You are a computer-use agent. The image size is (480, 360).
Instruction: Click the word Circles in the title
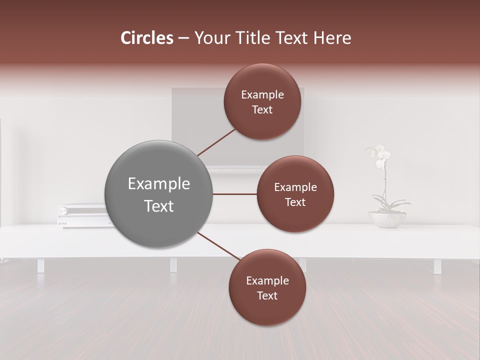tap(146, 38)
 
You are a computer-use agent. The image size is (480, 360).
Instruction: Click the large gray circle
tap(158, 194)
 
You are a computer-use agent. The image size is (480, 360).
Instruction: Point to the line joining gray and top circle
tap(216, 142)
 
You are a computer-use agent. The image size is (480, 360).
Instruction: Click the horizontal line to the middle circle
tap(234, 194)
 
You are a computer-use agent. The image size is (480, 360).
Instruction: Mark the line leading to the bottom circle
tap(218, 246)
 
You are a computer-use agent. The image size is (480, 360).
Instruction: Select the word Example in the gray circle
tap(158, 184)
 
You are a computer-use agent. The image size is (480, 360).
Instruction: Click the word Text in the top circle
tap(262, 110)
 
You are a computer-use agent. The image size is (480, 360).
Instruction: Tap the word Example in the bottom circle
tap(267, 280)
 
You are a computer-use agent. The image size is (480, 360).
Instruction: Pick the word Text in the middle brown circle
tap(295, 202)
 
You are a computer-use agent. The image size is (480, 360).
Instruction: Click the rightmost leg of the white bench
tap(437, 265)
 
